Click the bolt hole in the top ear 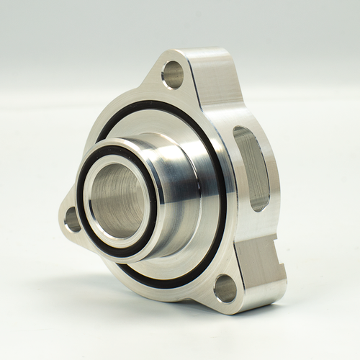coord(173,74)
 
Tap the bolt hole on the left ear coord(73,219)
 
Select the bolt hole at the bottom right coord(225,288)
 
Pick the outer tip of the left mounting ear coord(60,216)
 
